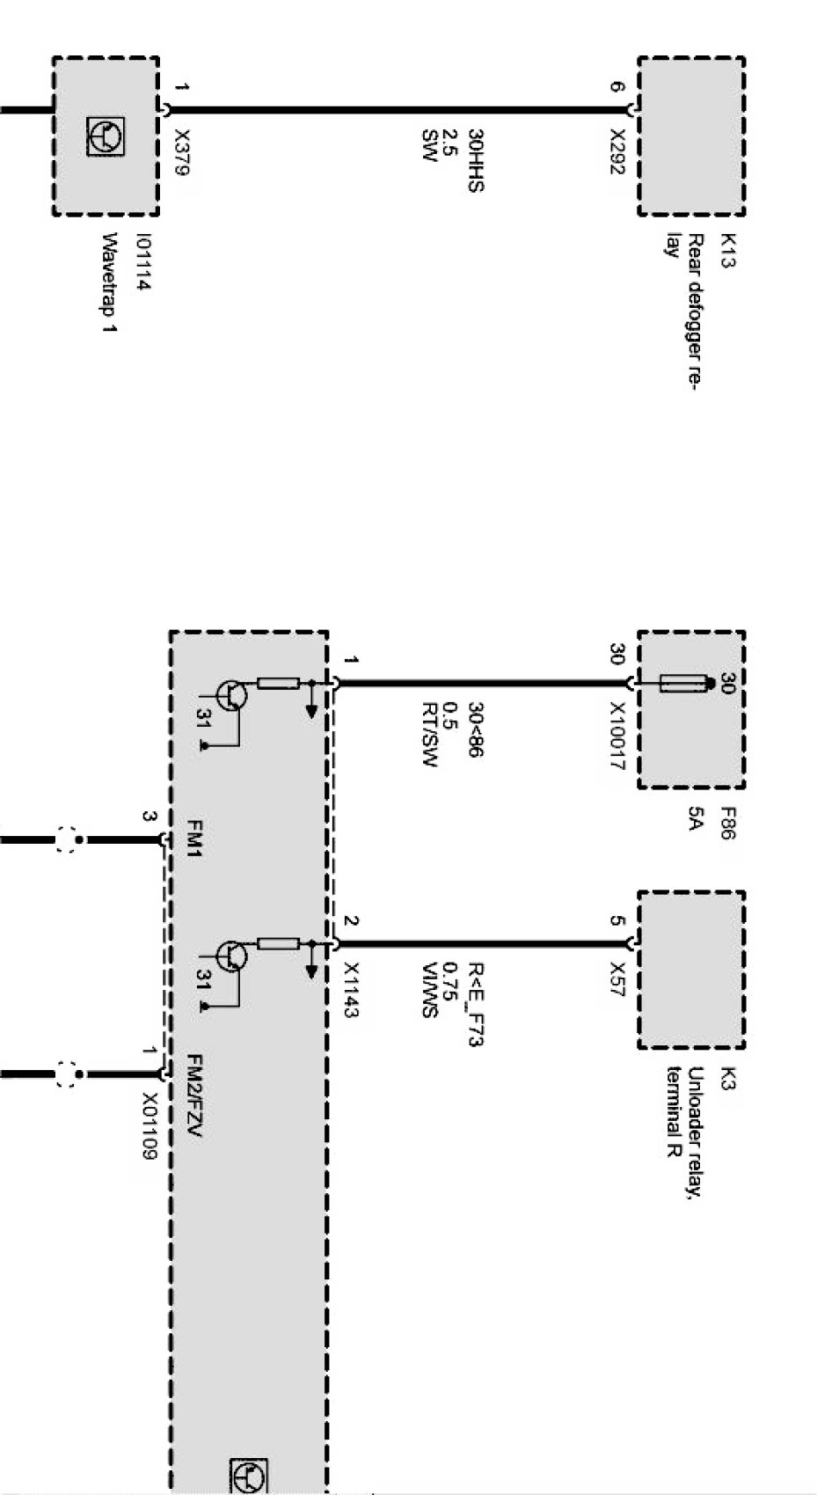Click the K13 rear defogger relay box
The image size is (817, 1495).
[x=691, y=136]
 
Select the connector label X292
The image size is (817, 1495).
[x=617, y=151]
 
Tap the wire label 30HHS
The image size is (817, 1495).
[x=476, y=160]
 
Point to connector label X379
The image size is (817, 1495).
[x=181, y=152]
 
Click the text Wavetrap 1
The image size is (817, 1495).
[x=111, y=282]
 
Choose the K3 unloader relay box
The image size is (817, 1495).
[x=691, y=970]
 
